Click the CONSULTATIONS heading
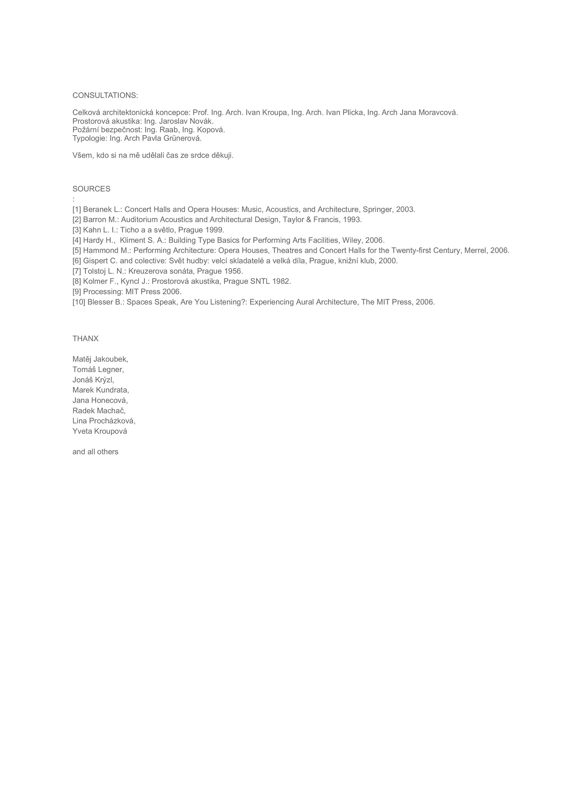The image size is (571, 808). [105, 95]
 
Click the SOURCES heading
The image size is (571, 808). [91, 189]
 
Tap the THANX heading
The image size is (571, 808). [85, 339]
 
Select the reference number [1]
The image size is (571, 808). [77, 209]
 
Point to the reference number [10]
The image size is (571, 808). [79, 302]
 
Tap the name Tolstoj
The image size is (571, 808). [94, 271]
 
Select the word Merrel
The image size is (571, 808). [476, 250]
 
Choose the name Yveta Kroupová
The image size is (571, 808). [100, 431]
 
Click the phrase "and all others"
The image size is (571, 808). [95, 452]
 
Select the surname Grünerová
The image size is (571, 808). [182, 138]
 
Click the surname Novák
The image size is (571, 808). [202, 121]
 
